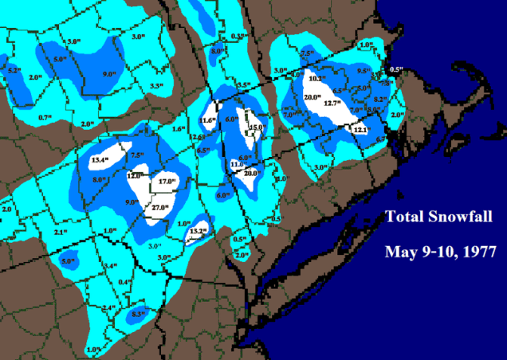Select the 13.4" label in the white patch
[x=100, y=160]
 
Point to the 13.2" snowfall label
[x=198, y=231]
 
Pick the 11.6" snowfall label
[x=208, y=120]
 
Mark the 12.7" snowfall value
[x=331, y=103]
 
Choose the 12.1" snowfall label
[x=360, y=129]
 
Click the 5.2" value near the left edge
[x=14, y=70]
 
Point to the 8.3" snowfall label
[x=139, y=314]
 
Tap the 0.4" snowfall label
[x=124, y=283]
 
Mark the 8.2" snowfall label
[x=379, y=100]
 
